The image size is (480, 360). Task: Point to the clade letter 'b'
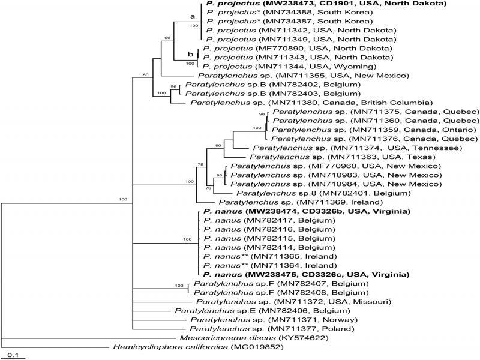tap(190, 55)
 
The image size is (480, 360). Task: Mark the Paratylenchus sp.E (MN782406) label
tap(262, 311)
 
